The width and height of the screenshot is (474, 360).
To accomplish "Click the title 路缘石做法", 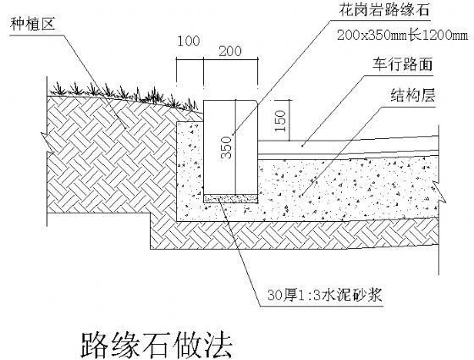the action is click(157, 346).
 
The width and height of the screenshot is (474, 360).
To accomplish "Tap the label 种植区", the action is click(33, 24).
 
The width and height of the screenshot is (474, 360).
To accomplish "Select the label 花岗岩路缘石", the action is click(384, 10).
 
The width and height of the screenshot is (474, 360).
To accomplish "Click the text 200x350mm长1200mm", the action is click(403, 36).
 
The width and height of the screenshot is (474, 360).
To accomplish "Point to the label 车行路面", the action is click(403, 64).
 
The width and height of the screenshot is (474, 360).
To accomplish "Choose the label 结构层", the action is click(413, 95).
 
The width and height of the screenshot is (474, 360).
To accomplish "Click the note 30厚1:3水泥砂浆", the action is click(325, 295).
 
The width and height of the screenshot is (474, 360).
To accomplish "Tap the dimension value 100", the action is click(188, 42).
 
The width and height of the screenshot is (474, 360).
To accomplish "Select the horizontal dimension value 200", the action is click(230, 51).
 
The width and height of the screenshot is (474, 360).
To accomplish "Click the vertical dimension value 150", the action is click(280, 120).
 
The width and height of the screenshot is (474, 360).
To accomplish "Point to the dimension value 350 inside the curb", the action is click(227, 147).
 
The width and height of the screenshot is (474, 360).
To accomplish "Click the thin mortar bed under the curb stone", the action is click(230, 198).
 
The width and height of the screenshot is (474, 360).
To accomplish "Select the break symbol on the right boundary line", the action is click(439, 191).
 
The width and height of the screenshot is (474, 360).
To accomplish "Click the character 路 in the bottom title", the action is click(95, 346).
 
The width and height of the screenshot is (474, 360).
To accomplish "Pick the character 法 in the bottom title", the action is click(218, 346).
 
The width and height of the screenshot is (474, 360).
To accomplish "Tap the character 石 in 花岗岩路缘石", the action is click(422, 10).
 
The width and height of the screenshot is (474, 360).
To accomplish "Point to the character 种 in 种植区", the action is click(18, 24).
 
